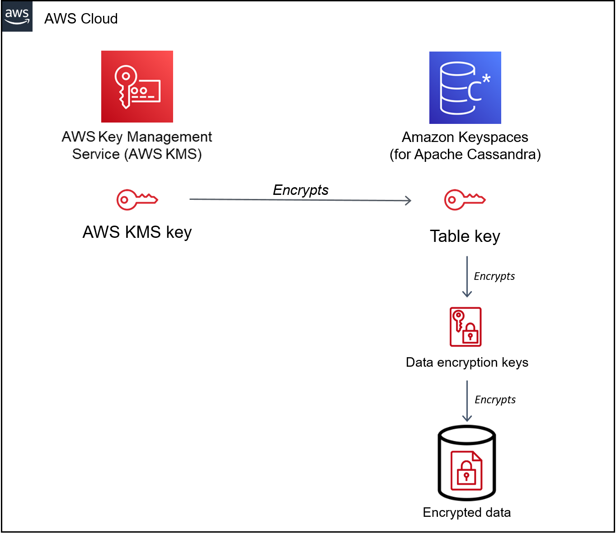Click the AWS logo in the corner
coord(17,16)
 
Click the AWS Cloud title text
coord(81,19)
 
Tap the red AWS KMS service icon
coord(137,86)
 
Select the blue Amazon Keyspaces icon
coord(465,88)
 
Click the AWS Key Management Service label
coord(137,145)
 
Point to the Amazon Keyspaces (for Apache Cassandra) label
coord(465,146)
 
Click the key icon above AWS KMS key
coord(137,199)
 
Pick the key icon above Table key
coord(465,199)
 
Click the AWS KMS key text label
coord(137,232)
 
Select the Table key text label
coord(465,236)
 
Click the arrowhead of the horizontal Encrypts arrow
coord(408,200)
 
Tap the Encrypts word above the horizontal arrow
coord(301,190)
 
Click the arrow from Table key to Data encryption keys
coord(467,276)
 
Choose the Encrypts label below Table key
coord(494,276)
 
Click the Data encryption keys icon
coord(466,327)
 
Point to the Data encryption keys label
coord(467,362)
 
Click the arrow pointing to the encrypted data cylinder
coord(467,401)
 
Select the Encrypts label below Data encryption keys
coord(495,400)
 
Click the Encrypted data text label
coord(467,512)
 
